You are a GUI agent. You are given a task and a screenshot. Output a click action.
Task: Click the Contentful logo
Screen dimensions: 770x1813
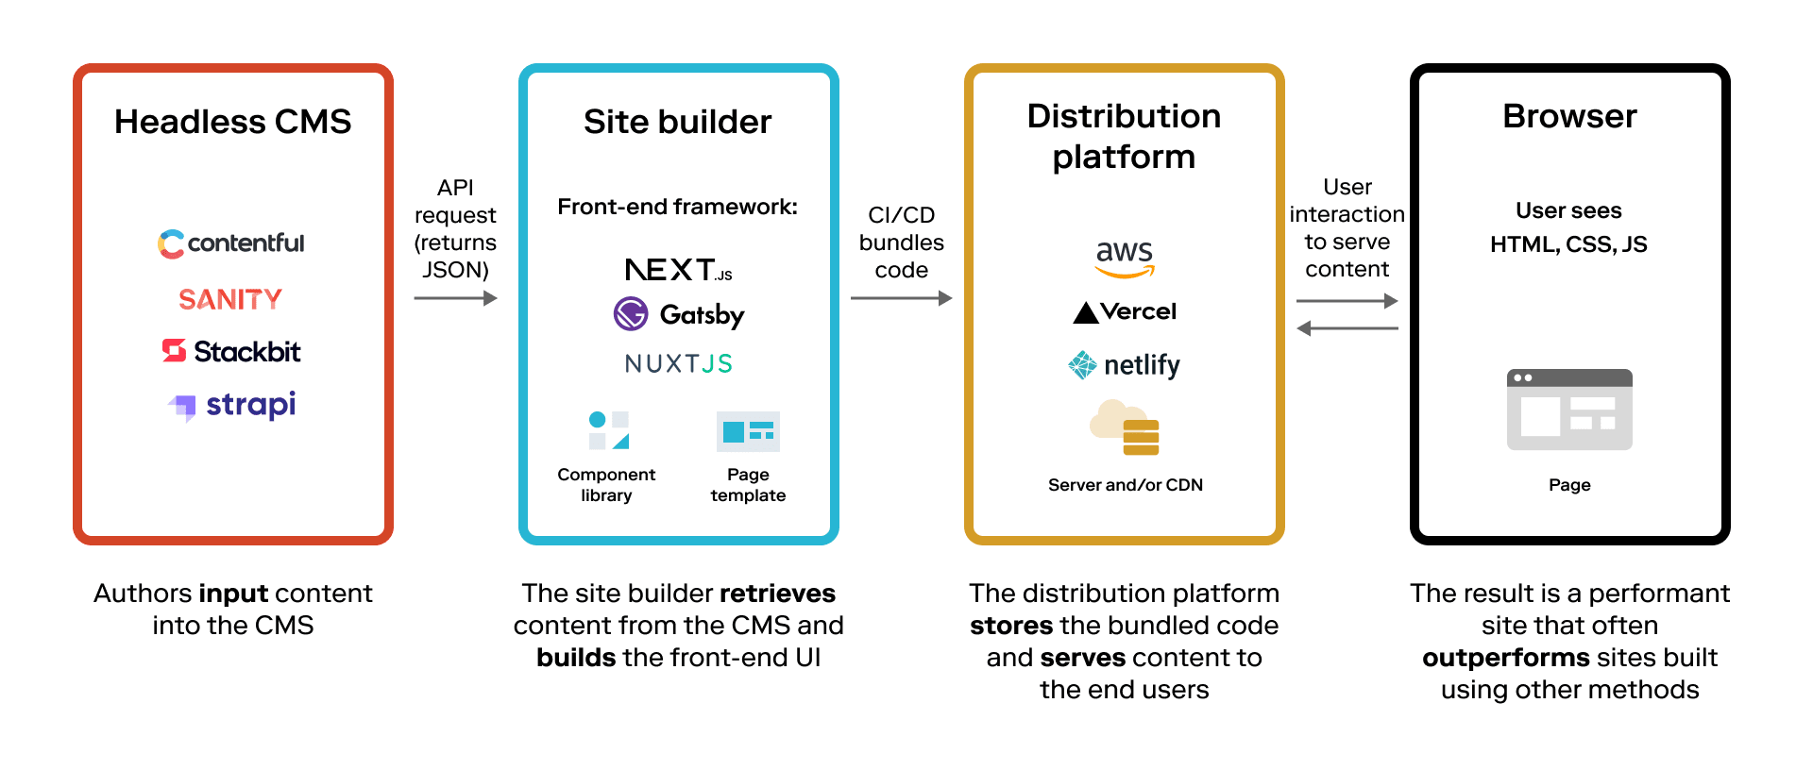click(231, 243)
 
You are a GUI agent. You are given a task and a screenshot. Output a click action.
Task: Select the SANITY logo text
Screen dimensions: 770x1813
click(230, 299)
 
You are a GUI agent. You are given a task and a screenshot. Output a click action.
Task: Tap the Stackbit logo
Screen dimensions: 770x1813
click(231, 351)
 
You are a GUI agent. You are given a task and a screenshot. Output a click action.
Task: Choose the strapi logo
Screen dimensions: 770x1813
click(232, 405)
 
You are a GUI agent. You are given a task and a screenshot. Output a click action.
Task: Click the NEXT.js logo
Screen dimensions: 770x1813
click(678, 270)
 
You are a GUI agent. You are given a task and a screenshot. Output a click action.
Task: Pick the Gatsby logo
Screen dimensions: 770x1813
click(678, 314)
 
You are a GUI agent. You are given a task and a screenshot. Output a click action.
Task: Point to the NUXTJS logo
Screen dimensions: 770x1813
click(678, 363)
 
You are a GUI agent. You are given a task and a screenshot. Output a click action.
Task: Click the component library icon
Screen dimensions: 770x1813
click(608, 430)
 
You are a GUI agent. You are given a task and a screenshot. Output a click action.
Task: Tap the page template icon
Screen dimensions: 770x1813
click(748, 432)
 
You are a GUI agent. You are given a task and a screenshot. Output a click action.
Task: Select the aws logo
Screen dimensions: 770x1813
click(1125, 258)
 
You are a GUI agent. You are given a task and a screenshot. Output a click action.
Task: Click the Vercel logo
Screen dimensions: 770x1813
click(1125, 311)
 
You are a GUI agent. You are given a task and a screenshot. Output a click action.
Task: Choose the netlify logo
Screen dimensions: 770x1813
click(1124, 365)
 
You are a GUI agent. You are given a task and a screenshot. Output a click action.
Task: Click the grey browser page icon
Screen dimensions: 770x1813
click(1569, 410)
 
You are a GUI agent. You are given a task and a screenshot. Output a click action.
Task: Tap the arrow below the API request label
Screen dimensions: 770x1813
click(455, 298)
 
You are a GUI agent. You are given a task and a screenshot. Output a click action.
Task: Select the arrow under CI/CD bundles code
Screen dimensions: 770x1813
click(901, 298)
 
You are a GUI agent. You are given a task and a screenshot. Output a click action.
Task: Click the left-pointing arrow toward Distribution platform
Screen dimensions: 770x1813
click(1347, 328)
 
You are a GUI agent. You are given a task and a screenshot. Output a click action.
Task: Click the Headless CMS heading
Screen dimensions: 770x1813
click(232, 122)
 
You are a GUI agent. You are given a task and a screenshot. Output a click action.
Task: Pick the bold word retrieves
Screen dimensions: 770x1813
click(777, 594)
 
